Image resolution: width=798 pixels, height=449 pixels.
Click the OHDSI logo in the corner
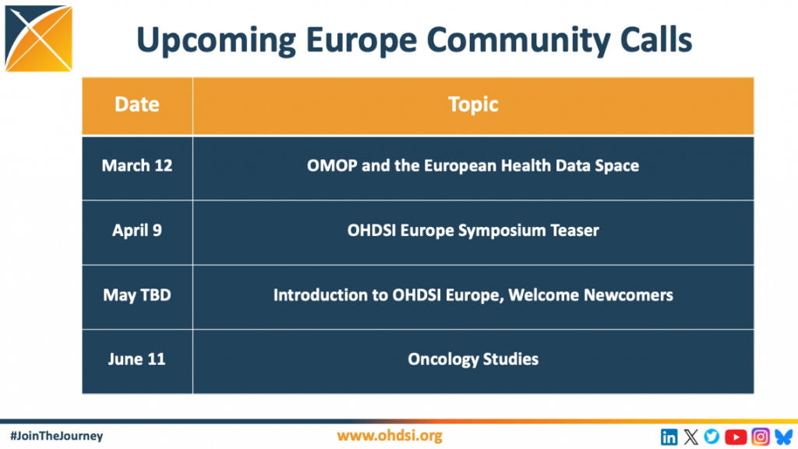pos(39,39)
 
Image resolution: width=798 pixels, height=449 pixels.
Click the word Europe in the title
pos(362,41)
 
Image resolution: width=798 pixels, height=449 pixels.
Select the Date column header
pos(137,105)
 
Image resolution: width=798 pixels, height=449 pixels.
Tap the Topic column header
pos(473,105)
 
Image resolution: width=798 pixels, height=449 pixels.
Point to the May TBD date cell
pos(137,295)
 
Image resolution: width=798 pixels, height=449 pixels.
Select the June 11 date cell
pos(137,359)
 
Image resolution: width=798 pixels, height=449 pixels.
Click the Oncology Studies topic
pos(473,359)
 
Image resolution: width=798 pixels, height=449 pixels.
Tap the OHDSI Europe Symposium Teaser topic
pos(473,231)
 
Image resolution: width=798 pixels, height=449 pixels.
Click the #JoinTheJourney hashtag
pos(56,436)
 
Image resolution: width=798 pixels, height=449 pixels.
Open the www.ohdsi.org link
pos(390,436)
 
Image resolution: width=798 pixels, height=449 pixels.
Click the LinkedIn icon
pos(669,437)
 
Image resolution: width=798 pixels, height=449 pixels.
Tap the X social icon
pos(690,437)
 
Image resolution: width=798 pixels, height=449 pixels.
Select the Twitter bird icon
pos(712,437)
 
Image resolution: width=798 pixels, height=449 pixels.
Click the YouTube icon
pos(736,437)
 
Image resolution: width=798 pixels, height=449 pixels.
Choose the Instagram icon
pos(761,437)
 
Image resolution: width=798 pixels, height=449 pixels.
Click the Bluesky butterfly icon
pos(784,437)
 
